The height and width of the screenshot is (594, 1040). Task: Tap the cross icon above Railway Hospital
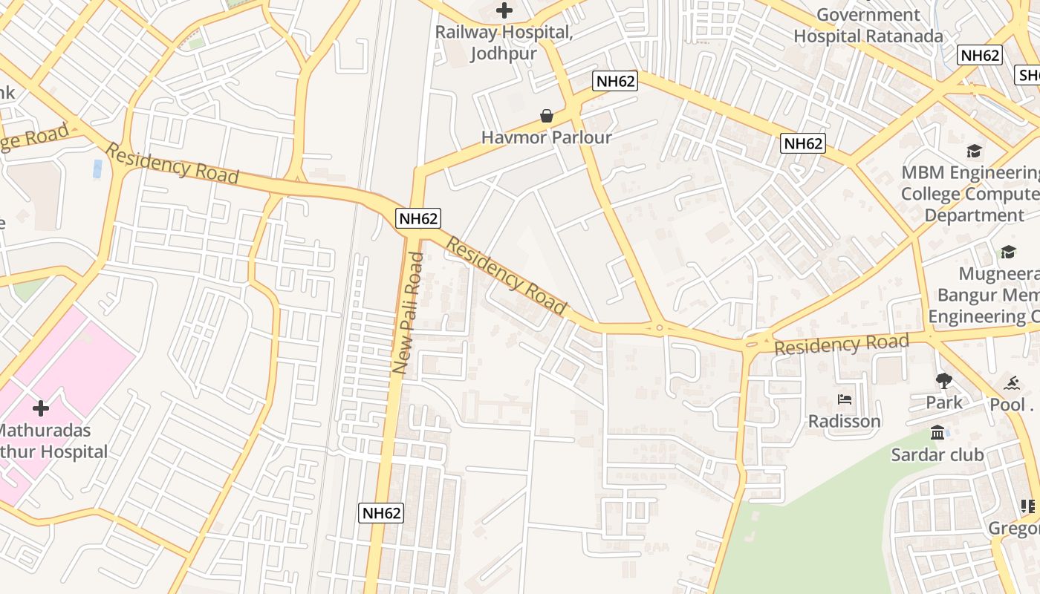[504, 10]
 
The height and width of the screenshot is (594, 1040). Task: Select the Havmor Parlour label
[547, 137]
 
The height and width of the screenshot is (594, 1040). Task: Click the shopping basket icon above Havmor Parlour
[547, 116]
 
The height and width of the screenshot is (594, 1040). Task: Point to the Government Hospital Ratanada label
[868, 25]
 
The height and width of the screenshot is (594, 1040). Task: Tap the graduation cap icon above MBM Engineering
[974, 151]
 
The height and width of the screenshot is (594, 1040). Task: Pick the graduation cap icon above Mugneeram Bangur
[1008, 252]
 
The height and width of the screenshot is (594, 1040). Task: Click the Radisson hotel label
[845, 421]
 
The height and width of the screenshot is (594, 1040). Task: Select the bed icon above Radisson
[845, 399]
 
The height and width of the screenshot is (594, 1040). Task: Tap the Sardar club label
[937, 454]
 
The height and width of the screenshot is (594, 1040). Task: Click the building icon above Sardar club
[937, 432]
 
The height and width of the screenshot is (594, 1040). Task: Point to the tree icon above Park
[943, 382]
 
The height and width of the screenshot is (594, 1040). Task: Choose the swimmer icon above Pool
[1012, 383]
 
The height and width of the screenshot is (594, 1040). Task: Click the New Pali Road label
[408, 313]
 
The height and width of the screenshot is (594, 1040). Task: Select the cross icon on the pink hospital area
[41, 408]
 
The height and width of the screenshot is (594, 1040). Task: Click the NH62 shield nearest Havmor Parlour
[615, 81]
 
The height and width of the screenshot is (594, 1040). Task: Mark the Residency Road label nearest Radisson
[841, 345]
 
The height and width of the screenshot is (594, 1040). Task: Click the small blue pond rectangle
[97, 169]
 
